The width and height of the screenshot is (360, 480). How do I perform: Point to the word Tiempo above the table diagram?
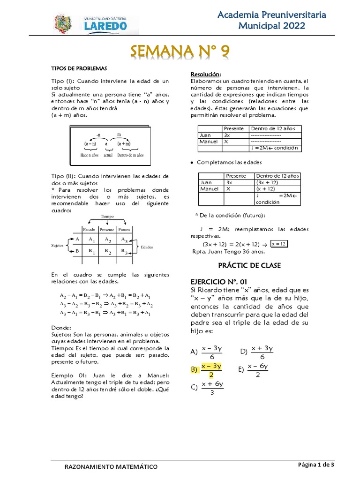coord(107,217)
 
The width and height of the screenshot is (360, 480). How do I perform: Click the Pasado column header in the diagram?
coord(90,230)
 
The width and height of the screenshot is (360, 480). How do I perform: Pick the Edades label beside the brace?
coord(147,247)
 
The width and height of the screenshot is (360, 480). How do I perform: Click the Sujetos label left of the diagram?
coord(57,246)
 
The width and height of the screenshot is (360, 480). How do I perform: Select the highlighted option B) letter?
coord(194,369)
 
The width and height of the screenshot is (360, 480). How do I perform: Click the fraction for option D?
coord(262,352)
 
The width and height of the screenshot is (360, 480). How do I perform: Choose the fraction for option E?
coord(258,370)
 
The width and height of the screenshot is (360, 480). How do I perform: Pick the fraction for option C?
coord(212,388)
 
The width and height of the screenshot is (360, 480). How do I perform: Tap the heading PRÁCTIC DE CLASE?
coord(249,265)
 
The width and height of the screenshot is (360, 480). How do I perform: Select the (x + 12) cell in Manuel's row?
coord(265,189)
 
